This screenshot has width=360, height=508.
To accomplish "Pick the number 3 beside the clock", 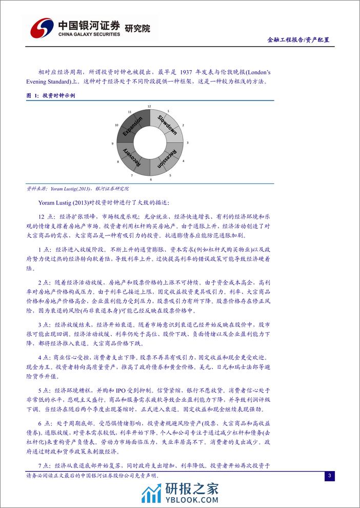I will coord(187,142).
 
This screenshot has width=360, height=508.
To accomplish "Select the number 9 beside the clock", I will coord(112,144).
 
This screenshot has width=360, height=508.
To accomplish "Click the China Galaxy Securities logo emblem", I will coord(39,27).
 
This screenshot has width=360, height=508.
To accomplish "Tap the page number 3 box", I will coord(330,476).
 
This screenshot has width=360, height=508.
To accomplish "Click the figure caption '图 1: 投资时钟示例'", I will coord(51,96).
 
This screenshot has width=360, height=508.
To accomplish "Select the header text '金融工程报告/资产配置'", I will coord(298,39).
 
